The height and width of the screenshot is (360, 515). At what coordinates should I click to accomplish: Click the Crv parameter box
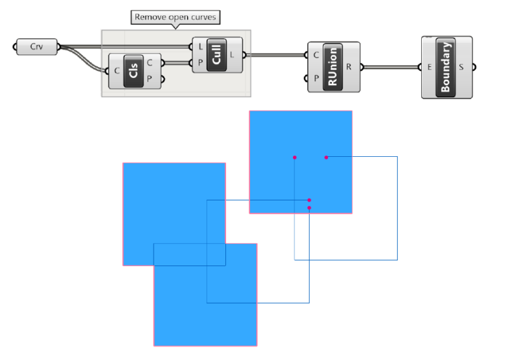click(36, 47)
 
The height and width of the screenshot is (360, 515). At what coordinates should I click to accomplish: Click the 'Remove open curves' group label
click(175, 17)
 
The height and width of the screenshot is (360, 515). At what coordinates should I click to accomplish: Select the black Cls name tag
click(133, 70)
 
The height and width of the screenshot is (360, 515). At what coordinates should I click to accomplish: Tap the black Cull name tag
click(216, 54)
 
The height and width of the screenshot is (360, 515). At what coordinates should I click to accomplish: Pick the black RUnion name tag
click(333, 66)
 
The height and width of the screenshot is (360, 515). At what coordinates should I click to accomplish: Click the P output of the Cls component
click(149, 78)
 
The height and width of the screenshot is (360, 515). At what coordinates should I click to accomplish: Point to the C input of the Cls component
click(117, 70)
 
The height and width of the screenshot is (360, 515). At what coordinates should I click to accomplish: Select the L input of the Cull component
click(201, 46)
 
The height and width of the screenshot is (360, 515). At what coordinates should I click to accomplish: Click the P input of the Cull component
click(201, 62)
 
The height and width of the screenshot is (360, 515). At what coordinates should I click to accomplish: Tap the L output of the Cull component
click(232, 54)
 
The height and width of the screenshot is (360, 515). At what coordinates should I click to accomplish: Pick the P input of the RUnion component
click(316, 78)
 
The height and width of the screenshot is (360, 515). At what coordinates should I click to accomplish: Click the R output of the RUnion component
click(349, 66)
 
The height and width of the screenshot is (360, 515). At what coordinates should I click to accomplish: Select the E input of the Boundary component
click(429, 66)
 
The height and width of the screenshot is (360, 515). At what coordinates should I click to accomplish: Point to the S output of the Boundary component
click(461, 66)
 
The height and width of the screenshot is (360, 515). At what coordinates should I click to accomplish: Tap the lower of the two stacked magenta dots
click(309, 208)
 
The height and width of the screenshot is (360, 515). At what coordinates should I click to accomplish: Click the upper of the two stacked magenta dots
click(309, 200)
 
